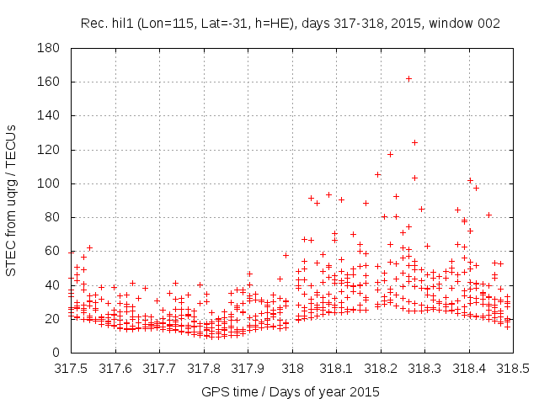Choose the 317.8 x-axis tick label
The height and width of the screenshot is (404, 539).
click(205, 369)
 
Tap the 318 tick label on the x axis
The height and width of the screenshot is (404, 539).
click(292, 369)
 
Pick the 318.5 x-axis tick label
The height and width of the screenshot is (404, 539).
click(513, 369)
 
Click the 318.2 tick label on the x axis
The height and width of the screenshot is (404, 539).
click(381, 369)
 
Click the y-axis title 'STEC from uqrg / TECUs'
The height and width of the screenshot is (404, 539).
click(13, 200)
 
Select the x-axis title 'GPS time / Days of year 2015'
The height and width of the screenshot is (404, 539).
click(291, 391)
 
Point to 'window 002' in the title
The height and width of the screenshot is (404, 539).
click(467, 24)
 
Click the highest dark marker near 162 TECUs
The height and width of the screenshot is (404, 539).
click(408, 79)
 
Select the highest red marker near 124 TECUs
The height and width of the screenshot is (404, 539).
click(414, 142)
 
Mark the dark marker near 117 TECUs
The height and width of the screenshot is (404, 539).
click(390, 154)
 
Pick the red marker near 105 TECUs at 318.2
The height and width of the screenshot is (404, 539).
click(377, 174)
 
